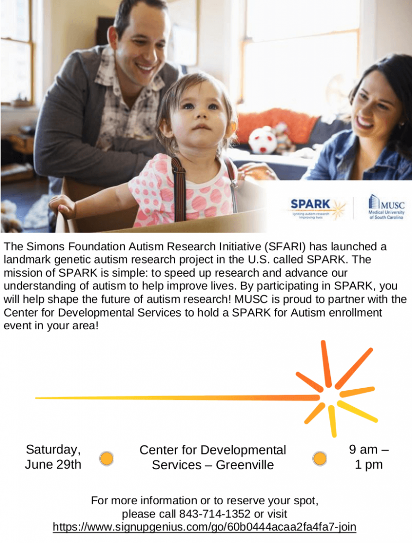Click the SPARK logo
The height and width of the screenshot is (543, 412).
coord(318,209)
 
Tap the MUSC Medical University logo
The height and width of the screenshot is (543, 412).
coord(386,207)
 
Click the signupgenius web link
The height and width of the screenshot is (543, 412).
coord(204,527)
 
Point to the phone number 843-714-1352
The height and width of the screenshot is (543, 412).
coord(215,513)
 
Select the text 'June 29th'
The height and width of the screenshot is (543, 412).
coord(53,465)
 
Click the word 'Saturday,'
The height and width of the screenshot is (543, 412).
coord(54,450)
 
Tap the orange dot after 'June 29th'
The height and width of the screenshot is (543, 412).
coord(107,459)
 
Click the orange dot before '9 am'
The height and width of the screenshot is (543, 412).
coord(320,459)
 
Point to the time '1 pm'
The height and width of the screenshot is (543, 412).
coord(369,465)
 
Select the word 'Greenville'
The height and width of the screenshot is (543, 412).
coord(245,465)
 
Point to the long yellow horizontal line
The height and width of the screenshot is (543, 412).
coord(177,398)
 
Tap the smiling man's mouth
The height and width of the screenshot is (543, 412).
coord(145,66)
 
